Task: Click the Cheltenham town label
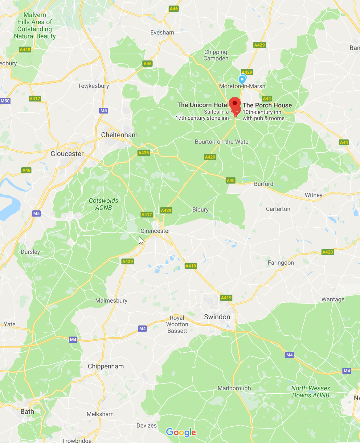[x=119, y=135]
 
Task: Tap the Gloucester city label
[x=67, y=154]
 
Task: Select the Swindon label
[x=217, y=317]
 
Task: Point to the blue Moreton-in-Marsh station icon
[x=242, y=79]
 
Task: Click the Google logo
[x=181, y=432]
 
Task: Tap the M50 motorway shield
[x=5, y=101]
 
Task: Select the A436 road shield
[x=144, y=153]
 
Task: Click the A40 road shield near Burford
[x=231, y=180]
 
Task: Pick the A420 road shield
[x=327, y=252]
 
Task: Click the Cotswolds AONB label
[x=103, y=204]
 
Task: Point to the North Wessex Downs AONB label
[x=310, y=391]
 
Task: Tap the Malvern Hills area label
[x=35, y=26]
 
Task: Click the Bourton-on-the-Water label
[x=223, y=142]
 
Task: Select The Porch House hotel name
[x=267, y=105]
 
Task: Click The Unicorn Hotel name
[x=203, y=105]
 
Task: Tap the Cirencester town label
[x=155, y=231]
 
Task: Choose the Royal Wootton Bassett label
[x=177, y=324]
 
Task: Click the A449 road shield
[x=25, y=49]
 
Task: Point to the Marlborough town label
[x=234, y=388]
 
